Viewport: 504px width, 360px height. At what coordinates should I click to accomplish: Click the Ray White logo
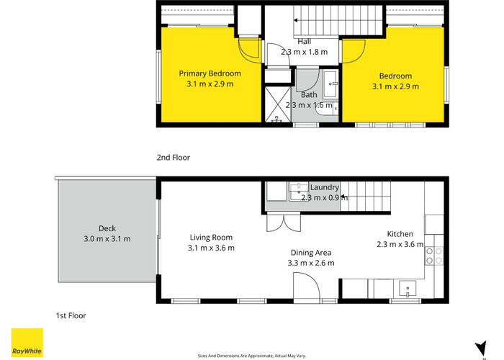(27, 343)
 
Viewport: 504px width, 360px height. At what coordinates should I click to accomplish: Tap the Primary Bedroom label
(210, 73)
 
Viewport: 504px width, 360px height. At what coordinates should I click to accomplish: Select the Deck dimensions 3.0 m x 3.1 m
(107, 239)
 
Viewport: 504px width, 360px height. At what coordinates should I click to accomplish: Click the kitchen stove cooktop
(434, 256)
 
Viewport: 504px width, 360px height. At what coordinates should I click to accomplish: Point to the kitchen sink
(408, 288)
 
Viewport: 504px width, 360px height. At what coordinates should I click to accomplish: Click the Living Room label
(211, 238)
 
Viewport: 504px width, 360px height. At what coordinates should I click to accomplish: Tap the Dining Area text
(311, 253)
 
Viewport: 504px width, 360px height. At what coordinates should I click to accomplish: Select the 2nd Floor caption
(174, 158)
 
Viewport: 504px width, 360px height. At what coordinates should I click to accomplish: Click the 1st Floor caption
(71, 315)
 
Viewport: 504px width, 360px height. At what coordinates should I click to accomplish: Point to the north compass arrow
(482, 348)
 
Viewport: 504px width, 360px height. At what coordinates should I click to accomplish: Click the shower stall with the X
(277, 104)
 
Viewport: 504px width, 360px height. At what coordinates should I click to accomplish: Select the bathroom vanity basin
(330, 84)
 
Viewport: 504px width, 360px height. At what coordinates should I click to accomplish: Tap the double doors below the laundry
(284, 222)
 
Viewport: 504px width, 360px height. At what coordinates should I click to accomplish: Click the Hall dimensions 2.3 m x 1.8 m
(305, 52)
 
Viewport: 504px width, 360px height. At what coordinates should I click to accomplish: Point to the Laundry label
(325, 187)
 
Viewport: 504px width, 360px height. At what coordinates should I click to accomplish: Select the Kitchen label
(400, 234)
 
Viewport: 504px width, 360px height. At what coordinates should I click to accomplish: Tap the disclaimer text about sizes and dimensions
(252, 356)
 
